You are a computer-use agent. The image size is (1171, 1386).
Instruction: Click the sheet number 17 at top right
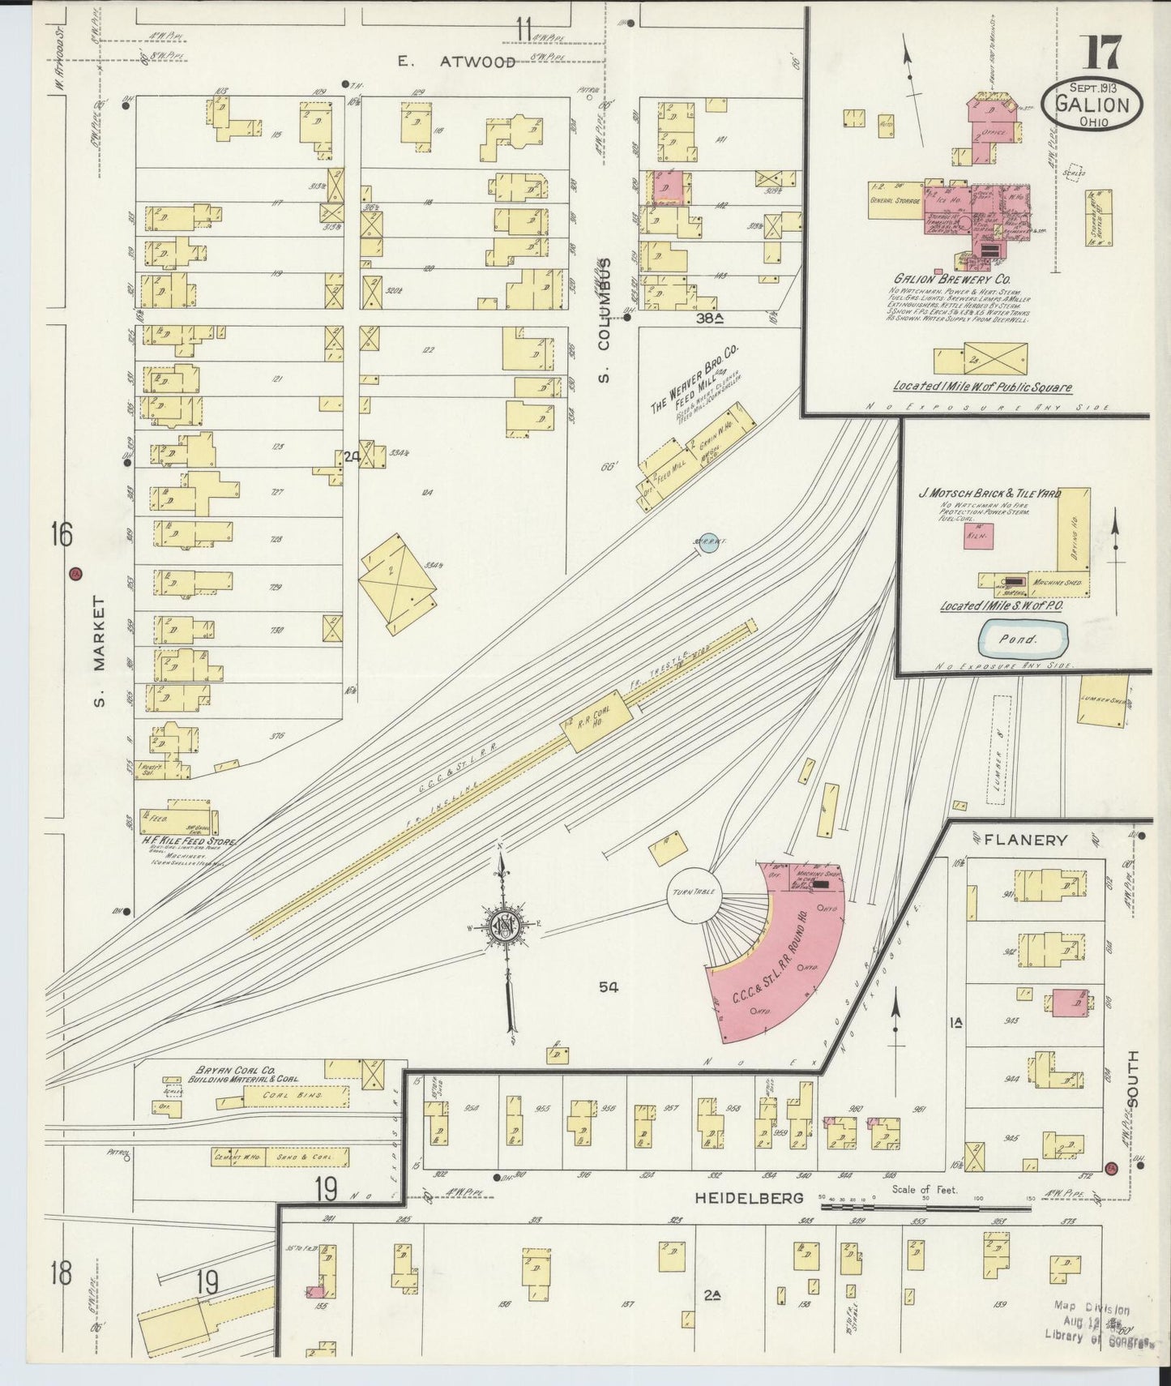1100,53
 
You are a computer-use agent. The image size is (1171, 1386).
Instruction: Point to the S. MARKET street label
99,651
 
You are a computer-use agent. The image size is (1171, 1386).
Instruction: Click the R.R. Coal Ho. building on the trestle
597,721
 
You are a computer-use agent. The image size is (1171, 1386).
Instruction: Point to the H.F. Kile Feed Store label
187,842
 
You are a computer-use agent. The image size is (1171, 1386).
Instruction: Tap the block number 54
609,986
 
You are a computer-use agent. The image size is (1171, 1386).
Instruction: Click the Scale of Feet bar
891,1207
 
